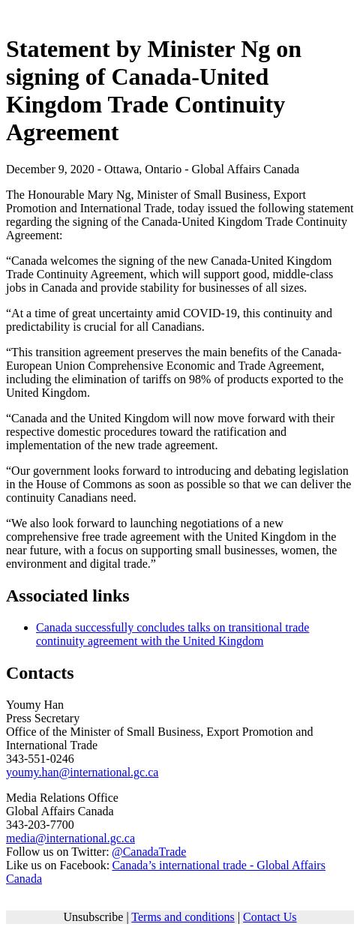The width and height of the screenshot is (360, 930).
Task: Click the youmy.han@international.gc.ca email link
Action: (x=82, y=772)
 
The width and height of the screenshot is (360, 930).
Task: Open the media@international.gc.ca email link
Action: (x=70, y=838)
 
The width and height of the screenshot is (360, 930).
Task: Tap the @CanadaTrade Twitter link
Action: (x=148, y=852)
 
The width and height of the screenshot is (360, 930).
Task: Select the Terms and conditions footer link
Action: (x=182, y=917)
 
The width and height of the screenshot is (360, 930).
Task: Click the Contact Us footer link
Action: (x=269, y=917)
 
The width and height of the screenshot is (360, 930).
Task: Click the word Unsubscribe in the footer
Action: (x=93, y=917)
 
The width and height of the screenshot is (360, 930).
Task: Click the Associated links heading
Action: (x=67, y=595)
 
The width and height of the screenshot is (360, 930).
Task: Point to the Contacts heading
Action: (x=40, y=673)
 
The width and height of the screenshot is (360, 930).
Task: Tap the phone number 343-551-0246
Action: (x=40, y=759)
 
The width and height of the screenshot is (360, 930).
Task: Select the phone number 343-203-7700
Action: (x=40, y=825)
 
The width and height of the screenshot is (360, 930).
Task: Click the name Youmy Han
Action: (x=34, y=705)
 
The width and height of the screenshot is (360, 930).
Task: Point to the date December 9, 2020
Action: (x=49, y=169)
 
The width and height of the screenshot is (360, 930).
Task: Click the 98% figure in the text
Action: (x=200, y=379)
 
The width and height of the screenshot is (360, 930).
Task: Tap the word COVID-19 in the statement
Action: (x=209, y=313)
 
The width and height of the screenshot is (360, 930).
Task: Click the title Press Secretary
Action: (x=43, y=718)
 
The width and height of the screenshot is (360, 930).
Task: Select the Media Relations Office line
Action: (x=61, y=798)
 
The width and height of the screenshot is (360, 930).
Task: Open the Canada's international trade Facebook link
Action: (x=217, y=865)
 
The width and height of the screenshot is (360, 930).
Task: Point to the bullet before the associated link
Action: (x=25, y=628)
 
